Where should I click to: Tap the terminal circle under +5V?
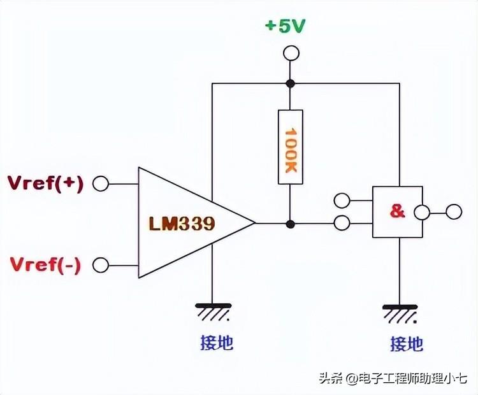290,54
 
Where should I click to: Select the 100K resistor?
290,147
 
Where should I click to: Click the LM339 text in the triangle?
182,224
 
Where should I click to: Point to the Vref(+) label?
45,183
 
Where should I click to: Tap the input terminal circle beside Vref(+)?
100,184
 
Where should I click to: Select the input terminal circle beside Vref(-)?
100,264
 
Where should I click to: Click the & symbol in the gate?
397,212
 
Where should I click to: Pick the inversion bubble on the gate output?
420,212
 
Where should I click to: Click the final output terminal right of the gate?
453,212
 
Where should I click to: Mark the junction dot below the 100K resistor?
290,224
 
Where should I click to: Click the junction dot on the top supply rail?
290,83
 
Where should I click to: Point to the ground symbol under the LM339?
213,312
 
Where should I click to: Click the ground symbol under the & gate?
400,313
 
